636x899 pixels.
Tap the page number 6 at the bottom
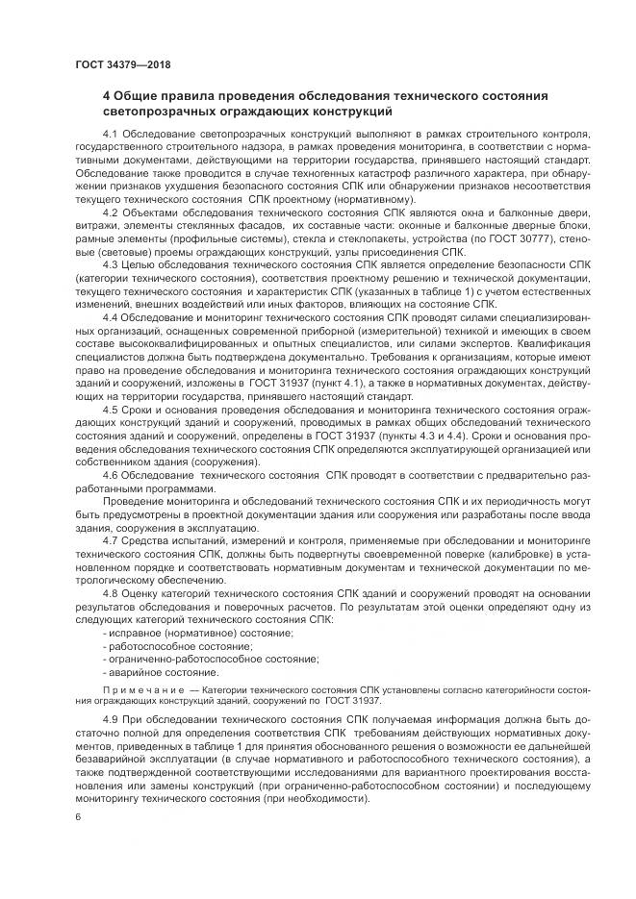[x=78, y=817]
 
